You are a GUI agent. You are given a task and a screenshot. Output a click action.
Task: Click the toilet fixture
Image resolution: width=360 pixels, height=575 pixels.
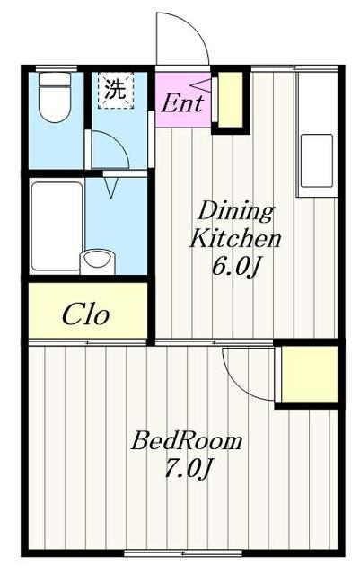[55, 97]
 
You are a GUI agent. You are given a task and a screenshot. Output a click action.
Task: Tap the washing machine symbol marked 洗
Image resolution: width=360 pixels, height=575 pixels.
[116, 91]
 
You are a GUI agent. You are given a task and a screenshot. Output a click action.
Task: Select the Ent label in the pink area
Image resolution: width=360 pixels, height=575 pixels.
[182, 103]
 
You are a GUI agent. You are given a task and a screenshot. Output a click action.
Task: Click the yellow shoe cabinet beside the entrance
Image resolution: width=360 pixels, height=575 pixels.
[231, 100]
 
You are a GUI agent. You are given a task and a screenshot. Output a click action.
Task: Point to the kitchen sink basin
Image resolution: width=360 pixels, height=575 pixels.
[317, 161]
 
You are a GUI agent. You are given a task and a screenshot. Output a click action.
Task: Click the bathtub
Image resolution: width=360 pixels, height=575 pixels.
[57, 226]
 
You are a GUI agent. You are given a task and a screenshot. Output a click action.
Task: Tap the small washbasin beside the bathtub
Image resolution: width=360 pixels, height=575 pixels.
[97, 261]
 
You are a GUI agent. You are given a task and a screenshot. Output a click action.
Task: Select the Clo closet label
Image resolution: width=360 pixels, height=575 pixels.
[86, 315]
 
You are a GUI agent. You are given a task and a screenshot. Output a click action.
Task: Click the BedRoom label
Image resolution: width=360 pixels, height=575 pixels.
[187, 440]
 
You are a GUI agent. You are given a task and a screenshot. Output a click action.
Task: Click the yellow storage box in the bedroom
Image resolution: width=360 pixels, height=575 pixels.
[310, 374]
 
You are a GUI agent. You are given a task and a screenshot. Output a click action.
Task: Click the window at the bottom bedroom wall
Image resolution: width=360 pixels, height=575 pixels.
[183, 553]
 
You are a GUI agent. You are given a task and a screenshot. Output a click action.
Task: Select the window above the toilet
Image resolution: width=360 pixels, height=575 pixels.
[56, 68]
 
